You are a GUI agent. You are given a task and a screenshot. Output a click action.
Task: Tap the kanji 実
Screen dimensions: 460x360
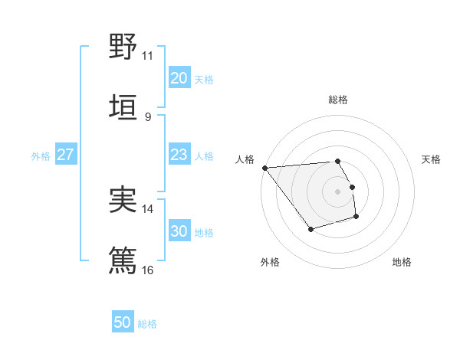click(123, 199)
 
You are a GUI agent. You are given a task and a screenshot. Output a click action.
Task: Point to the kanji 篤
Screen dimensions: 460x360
click(123, 259)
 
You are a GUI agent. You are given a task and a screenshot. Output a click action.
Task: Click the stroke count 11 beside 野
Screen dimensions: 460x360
click(147, 56)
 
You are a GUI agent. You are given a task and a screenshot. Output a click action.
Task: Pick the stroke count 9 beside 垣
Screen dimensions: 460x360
click(147, 116)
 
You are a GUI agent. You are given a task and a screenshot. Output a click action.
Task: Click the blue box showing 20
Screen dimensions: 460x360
click(179, 78)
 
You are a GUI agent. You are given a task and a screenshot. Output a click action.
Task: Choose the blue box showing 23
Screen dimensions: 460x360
click(179, 155)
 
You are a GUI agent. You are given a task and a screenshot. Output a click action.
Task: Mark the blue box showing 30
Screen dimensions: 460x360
click(179, 231)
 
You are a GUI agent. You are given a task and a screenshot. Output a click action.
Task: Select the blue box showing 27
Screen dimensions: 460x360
click(65, 155)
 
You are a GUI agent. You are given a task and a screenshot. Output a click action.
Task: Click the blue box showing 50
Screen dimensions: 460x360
click(123, 322)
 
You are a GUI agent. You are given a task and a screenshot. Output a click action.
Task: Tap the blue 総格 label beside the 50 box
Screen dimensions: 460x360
click(147, 324)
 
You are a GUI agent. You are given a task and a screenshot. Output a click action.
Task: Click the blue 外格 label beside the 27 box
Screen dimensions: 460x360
click(41, 156)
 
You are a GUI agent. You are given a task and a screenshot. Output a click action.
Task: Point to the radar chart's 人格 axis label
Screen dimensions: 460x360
click(245, 159)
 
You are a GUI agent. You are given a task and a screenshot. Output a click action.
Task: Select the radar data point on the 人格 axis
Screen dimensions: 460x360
click(264, 167)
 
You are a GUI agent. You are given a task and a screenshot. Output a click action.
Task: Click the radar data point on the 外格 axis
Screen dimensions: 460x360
click(310, 229)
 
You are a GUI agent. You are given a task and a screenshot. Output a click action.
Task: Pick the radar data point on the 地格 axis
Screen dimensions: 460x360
click(356, 218)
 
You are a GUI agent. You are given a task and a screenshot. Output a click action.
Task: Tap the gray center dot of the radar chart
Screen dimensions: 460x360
click(337, 191)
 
